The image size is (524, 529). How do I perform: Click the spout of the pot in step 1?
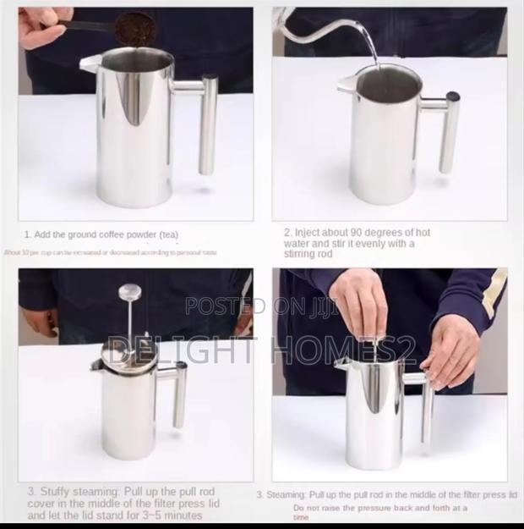tap(90, 63)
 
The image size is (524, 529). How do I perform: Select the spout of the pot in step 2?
tap(346, 85)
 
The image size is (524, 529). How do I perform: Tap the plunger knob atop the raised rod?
tap(129, 292)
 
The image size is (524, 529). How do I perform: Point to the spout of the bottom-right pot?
tap(341, 364)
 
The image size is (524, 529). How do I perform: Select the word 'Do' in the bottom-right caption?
tap(300, 508)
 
